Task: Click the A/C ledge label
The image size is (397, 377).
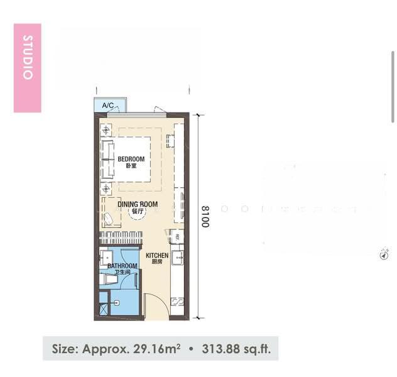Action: [108, 105]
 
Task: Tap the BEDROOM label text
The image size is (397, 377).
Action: [131, 159]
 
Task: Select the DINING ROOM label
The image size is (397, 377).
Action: [138, 204]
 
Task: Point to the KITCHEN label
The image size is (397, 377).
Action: [157, 255]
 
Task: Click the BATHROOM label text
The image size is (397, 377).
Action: [122, 266]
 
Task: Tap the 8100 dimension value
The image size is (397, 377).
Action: [205, 217]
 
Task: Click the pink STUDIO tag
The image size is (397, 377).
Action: [28, 68]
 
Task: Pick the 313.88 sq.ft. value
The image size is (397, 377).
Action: [236, 349]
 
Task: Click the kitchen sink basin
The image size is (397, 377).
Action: [178, 258]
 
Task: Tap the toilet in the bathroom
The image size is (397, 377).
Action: [109, 280]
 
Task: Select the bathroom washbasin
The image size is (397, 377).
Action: [106, 258]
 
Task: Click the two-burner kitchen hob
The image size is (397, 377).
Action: [178, 302]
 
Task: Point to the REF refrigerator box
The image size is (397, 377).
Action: [177, 237]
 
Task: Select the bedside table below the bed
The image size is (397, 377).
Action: [106, 188]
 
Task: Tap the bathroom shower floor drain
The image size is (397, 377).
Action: [116, 303]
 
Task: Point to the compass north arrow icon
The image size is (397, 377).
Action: [384, 254]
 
